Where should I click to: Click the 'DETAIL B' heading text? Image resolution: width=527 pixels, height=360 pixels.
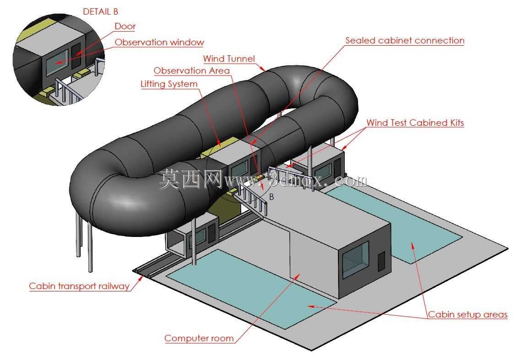pyautogui.click(x=100, y=11)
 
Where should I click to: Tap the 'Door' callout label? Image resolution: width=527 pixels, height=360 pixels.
pyautogui.click(x=125, y=26)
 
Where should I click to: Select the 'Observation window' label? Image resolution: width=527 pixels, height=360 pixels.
pyautogui.click(x=159, y=43)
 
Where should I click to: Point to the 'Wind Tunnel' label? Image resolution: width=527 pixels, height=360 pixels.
pyautogui.click(x=229, y=59)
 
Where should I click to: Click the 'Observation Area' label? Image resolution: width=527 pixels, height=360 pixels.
pyautogui.click(x=191, y=70)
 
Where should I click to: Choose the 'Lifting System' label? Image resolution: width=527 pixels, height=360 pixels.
pyautogui.click(x=168, y=84)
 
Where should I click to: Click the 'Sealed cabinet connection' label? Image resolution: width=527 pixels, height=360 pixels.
pyautogui.click(x=405, y=40)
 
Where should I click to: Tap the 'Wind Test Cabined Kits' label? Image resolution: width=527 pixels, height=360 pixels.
pyautogui.click(x=415, y=123)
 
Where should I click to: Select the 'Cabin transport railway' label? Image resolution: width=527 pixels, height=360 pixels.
pyautogui.click(x=79, y=286)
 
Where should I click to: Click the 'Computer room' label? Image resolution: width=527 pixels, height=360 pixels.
pyautogui.click(x=199, y=338)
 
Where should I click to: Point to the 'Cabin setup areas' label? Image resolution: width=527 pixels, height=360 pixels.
pyautogui.click(x=467, y=314)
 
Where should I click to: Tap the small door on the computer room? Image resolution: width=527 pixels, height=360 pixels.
pyautogui.click(x=381, y=261)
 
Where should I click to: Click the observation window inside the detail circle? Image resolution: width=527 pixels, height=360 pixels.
pyautogui.click(x=57, y=63)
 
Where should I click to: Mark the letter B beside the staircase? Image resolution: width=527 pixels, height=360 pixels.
pyautogui.click(x=272, y=197)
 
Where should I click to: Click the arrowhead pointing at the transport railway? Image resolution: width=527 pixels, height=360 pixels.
pyautogui.click(x=141, y=278)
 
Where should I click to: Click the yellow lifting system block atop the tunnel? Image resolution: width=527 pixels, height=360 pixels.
pyautogui.click(x=218, y=147)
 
